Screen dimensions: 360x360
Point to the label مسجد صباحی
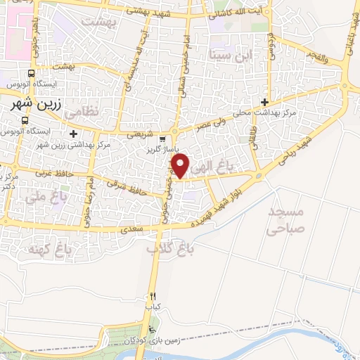pyautogui.click(x=287, y=219)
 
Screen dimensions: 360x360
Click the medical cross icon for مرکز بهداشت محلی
pyautogui.click(x=264, y=101)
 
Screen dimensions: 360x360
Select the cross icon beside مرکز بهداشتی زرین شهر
pyautogui.click(x=73, y=133)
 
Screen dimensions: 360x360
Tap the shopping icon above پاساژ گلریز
pyautogui.click(x=162, y=140)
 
